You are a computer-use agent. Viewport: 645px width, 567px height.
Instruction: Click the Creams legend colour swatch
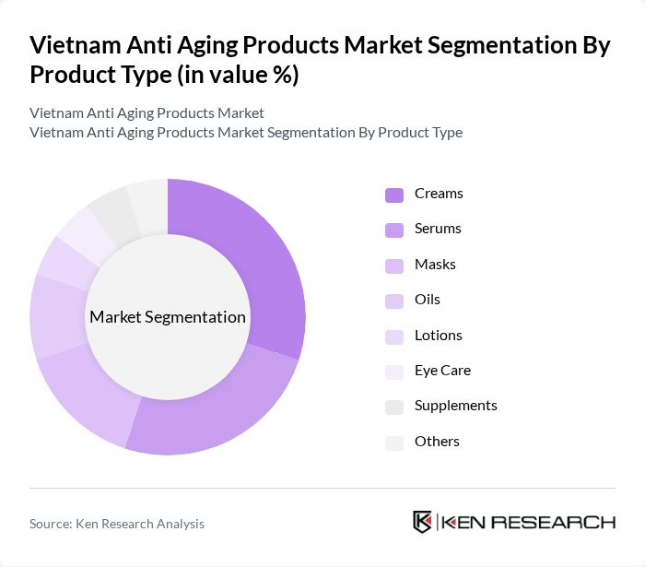point(394,195)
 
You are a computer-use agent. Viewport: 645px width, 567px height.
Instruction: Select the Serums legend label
point(438,229)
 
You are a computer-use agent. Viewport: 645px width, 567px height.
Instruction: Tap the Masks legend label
point(435,265)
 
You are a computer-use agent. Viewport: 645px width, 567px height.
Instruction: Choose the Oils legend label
point(428,300)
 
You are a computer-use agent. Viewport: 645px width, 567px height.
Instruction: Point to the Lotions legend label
point(439,336)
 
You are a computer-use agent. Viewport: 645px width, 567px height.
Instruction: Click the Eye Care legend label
point(442,371)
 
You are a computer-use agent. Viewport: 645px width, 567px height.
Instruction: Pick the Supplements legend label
point(455,406)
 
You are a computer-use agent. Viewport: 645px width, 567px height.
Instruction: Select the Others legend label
point(437,442)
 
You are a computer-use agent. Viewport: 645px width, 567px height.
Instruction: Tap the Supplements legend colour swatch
point(394,407)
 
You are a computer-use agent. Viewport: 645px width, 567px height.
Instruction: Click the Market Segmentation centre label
point(168,317)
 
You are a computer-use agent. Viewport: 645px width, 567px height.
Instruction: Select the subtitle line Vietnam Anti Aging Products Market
point(147,112)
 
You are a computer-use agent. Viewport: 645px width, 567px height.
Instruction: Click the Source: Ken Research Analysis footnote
point(117,524)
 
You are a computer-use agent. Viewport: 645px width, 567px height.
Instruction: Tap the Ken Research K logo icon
point(423,522)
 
